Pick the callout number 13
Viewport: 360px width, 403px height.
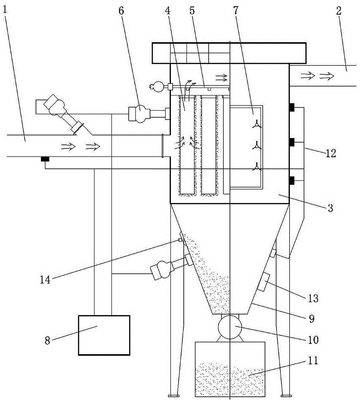pos(313,298)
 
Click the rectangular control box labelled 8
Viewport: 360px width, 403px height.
pos(104,335)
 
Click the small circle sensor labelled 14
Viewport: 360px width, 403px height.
pos(180,240)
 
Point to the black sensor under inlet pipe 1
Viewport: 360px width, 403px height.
pos(44,159)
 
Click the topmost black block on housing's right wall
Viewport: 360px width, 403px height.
pos(292,107)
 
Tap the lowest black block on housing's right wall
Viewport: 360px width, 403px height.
pos(292,180)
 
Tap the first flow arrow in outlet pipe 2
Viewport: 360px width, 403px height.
pos(305,76)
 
